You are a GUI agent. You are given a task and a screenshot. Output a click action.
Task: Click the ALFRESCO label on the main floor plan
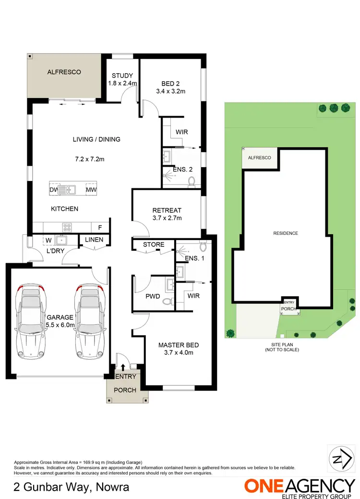coord(64,72)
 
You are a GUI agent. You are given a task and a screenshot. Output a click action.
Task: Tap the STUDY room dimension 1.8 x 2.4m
coord(122,84)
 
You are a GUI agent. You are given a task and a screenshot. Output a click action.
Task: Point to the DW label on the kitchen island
coord(53,190)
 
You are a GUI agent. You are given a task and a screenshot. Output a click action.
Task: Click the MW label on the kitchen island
coord(90,190)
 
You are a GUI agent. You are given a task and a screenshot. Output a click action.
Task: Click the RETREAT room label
coord(167,210)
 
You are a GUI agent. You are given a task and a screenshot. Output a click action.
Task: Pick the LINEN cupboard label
coord(94,240)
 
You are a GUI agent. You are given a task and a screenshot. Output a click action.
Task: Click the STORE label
coord(154,244)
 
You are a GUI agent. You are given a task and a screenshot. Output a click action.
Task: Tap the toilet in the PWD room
coord(167,302)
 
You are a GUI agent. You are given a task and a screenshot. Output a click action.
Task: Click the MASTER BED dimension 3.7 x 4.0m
coord(179,353)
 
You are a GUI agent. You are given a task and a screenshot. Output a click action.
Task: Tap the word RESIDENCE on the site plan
coord(286,233)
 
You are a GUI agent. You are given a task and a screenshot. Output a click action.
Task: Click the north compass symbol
coord(340,460)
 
